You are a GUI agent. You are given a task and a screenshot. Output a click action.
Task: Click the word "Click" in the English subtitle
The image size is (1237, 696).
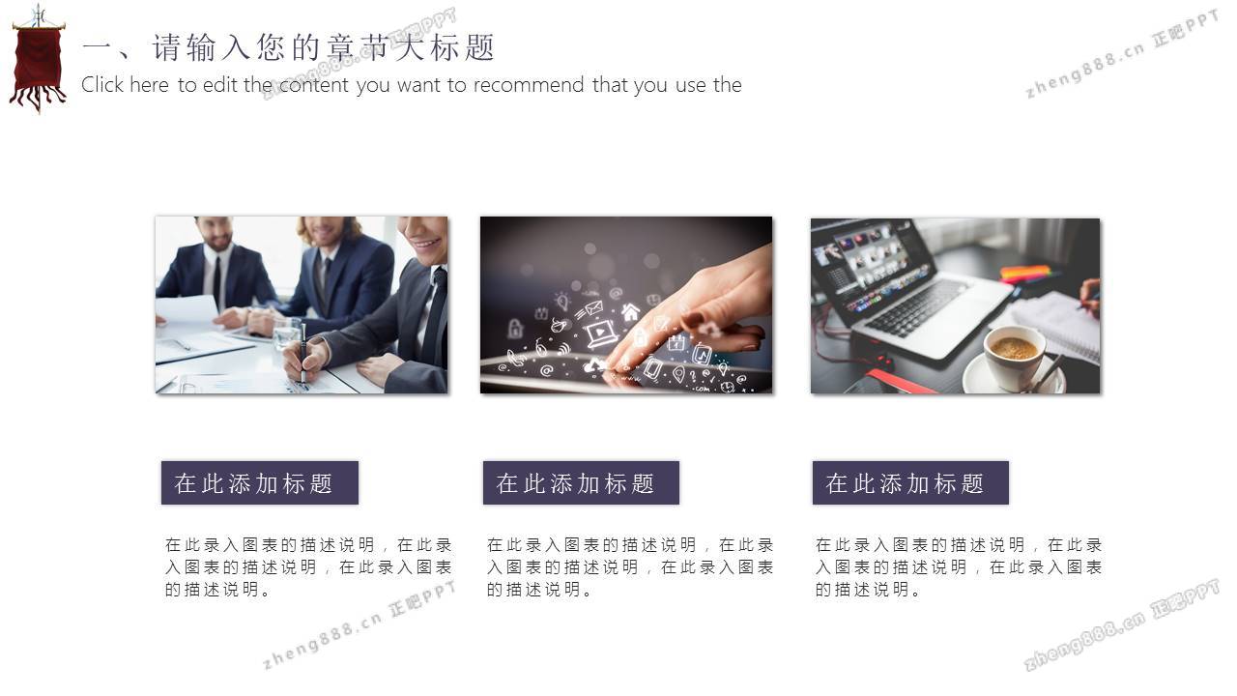(x=102, y=85)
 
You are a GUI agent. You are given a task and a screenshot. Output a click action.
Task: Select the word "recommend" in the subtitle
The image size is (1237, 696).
(x=528, y=85)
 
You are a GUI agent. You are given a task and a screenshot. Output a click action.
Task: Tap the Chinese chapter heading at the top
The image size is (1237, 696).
(x=288, y=47)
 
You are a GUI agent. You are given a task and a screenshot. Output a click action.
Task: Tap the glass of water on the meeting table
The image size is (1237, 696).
(x=287, y=333)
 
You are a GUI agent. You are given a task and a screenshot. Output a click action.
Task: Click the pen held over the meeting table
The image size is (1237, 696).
(x=303, y=354)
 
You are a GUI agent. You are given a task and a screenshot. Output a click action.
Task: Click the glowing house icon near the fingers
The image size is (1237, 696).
(x=630, y=312)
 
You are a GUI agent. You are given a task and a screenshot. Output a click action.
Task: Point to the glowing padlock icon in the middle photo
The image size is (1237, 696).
(x=515, y=329)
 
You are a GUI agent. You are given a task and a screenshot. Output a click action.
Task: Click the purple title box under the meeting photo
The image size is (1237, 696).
(x=260, y=482)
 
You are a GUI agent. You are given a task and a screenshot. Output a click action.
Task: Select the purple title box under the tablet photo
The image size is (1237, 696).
(x=581, y=482)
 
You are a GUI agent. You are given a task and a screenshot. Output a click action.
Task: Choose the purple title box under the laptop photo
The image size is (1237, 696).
(x=910, y=482)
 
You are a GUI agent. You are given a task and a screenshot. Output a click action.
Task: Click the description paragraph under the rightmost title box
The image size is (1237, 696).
(x=959, y=567)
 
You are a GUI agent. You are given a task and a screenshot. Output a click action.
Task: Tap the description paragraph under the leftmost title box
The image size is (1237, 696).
(x=308, y=567)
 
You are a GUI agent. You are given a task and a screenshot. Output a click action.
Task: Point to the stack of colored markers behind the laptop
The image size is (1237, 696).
(x=1025, y=274)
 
